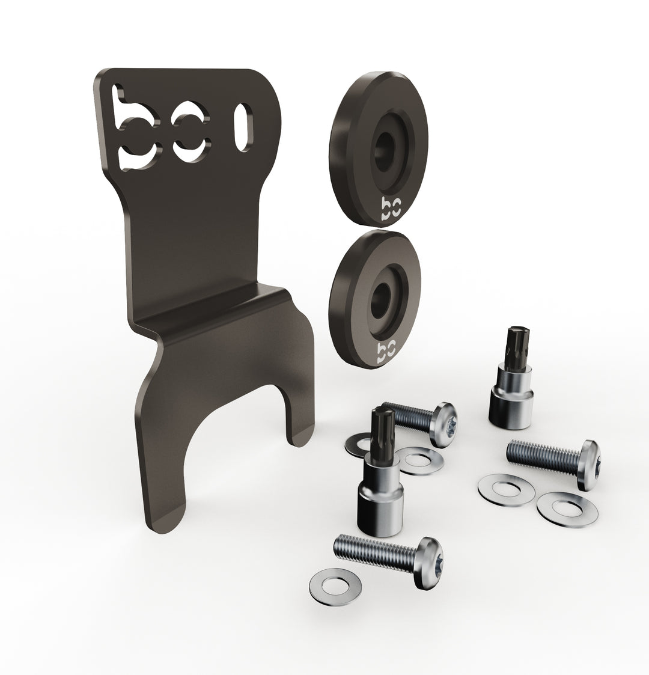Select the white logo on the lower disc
[x=386, y=353]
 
